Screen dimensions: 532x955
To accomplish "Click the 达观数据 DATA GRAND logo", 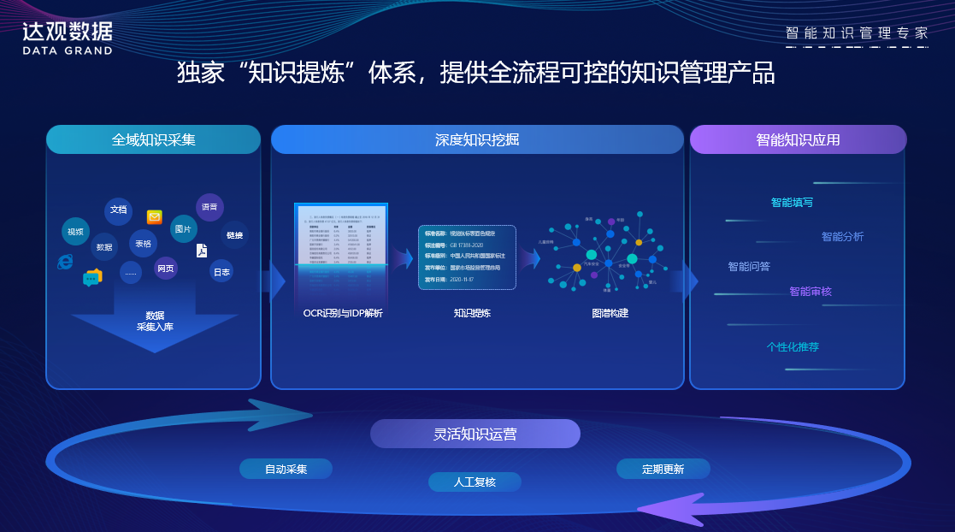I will [68, 38].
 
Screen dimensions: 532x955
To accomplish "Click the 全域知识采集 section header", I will [153, 139].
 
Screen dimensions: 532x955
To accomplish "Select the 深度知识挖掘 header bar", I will [477, 139].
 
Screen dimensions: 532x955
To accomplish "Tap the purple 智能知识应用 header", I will [798, 139].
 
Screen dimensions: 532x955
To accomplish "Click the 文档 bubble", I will [119, 210].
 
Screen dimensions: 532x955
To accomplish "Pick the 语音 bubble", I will [209, 207].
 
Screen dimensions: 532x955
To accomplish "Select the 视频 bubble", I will [75, 232].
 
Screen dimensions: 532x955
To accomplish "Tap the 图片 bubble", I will [183, 229].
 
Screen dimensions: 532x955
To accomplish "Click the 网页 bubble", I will [166, 269].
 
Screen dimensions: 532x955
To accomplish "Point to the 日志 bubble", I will [221, 272].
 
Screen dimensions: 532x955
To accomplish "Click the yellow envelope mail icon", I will [155, 217].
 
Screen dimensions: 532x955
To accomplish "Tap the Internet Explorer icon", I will [65, 260].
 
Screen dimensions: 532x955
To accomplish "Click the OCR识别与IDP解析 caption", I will [343, 313].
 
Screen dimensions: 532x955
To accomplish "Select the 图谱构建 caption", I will [610, 313].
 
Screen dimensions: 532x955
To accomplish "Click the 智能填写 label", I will [792, 203].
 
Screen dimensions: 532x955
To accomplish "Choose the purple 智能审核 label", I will [811, 292].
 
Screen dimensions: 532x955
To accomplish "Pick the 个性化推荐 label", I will [793, 347].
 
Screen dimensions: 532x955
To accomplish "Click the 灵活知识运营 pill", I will [475, 434].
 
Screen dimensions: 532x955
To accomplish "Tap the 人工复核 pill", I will [475, 482].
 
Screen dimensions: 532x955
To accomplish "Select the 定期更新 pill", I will [663, 469].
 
